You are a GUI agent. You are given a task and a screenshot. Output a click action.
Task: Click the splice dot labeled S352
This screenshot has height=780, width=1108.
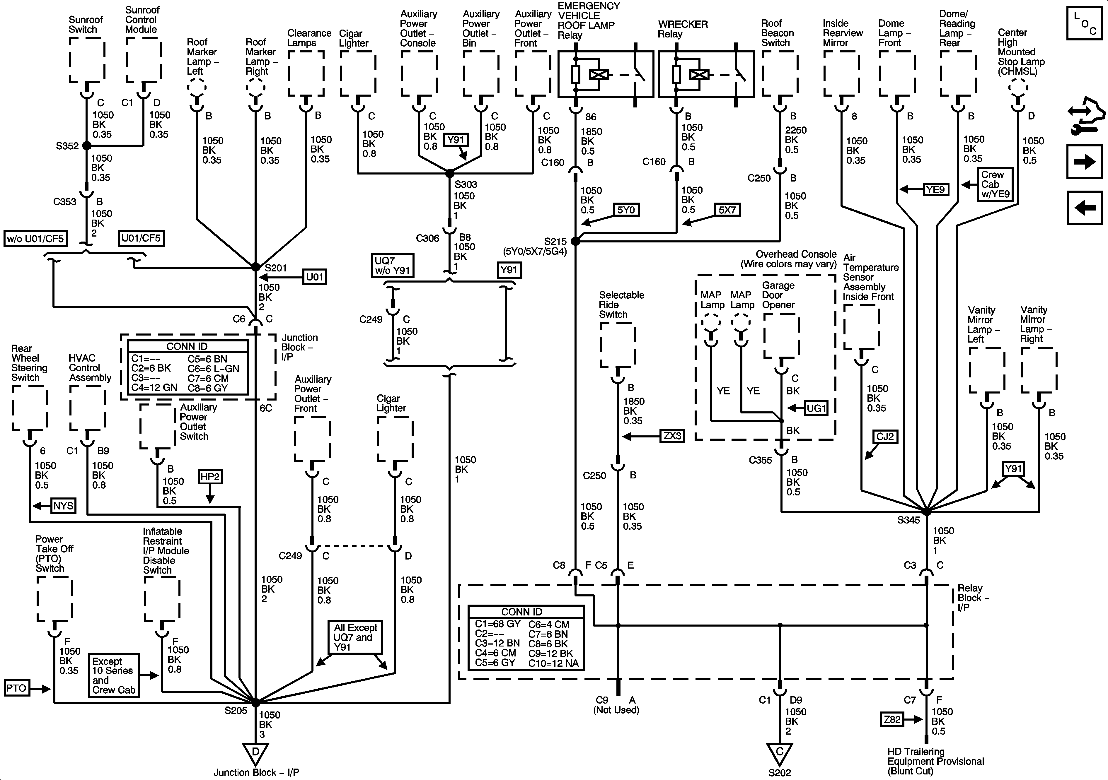coord(86,145)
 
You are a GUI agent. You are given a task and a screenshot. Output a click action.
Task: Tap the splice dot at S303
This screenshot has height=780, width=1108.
coord(449,173)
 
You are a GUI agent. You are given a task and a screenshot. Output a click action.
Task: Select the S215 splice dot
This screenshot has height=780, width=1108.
coord(575,241)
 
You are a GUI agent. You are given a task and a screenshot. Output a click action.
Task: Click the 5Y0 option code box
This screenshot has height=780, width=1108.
coord(626,210)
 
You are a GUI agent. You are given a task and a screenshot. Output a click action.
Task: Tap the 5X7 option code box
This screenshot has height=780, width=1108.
coord(727,210)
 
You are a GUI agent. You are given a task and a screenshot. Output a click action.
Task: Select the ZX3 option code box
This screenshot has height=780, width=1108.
coord(672,436)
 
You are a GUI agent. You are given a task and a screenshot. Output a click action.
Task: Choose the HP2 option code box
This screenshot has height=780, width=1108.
coord(210,477)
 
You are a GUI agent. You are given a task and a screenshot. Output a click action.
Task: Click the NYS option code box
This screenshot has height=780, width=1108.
coord(63,506)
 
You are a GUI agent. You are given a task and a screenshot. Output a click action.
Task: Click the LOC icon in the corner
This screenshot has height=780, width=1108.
coord(1084,23)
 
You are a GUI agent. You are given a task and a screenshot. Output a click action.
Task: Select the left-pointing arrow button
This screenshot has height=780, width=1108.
coord(1084,208)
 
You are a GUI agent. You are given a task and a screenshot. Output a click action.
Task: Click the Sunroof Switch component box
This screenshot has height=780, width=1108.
coord(87,60)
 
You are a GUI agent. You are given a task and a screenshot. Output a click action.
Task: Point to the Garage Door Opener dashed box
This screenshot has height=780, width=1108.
coord(781,336)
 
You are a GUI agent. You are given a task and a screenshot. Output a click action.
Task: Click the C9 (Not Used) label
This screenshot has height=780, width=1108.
coord(616,705)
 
